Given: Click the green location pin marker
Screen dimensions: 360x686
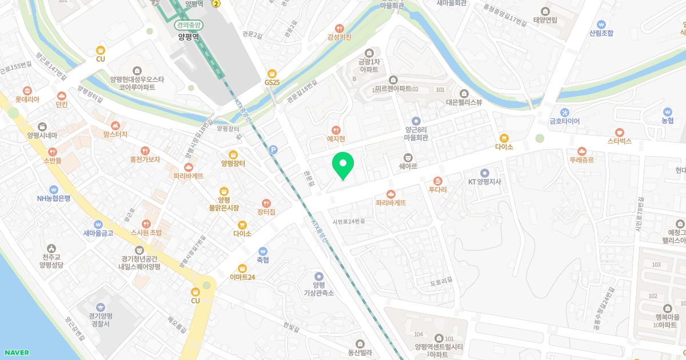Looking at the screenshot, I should coord(343,166).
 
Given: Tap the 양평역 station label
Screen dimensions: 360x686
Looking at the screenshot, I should coord(188,37).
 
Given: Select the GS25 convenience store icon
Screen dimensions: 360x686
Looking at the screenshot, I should coord(272,74).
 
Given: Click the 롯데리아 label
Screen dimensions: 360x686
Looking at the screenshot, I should coord(27,99).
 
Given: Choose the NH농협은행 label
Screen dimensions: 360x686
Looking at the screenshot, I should coord(53,198).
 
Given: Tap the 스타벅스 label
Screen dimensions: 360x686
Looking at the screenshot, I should coord(620,141).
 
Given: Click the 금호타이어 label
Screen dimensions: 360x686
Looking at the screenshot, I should coord(564,121).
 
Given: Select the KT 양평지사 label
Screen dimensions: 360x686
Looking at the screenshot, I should coord(485,182).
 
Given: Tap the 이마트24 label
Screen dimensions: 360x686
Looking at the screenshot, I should coord(242,277).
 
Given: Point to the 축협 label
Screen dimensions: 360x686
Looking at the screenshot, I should coord(263,259).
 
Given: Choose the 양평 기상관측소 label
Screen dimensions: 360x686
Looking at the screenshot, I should coord(318,289).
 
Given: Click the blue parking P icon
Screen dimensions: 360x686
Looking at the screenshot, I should coord(273,150).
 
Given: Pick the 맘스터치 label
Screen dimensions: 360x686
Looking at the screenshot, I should coord(115,134).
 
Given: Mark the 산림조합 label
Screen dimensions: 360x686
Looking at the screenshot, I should coord(601,33).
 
